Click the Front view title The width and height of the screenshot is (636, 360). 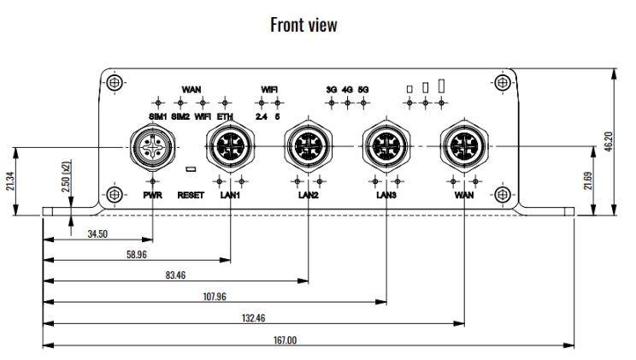pyautogui.click(x=303, y=25)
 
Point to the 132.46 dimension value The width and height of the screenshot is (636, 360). pyautogui.click(x=253, y=318)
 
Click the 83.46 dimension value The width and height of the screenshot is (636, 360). pyautogui.click(x=175, y=275)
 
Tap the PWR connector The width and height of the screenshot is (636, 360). pyautogui.click(x=150, y=146)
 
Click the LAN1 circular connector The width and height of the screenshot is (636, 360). pyautogui.click(x=230, y=146)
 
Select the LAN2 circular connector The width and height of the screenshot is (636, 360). pyautogui.click(x=309, y=146)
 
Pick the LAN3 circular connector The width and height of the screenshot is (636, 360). pyautogui.click(x=386, y=146)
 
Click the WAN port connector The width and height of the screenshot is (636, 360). pyautogui.click(x=465, y=146)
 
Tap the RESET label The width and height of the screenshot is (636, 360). pyautogui.click(x=191, y=195)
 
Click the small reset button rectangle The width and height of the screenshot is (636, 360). pyautogui.click(x=191, y=169)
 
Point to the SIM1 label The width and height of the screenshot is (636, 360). pyautogui.click(x=158, y=116)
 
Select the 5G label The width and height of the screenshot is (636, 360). pyautogui.click(x=363, y=89)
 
